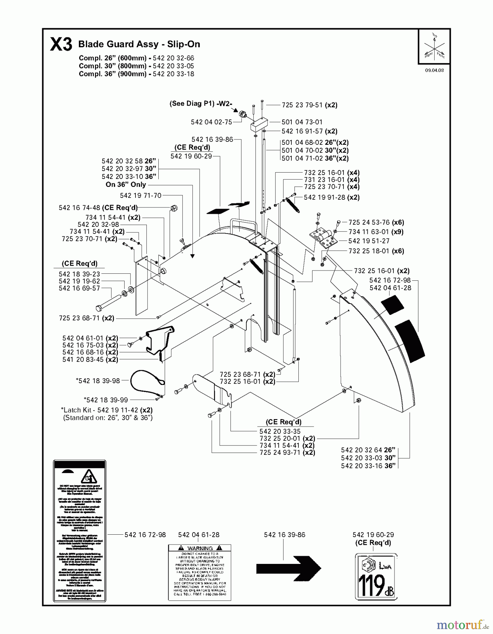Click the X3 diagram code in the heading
click(x=61, y=45)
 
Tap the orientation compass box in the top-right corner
click(x=434, y=47)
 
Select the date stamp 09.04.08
click(x=434, y=70)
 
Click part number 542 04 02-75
click(x=211, y=122)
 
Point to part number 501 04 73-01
click(x=302, y=122)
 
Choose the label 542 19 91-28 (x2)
click(x=331, y=198)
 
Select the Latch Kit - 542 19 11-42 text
click(x=107, y=410)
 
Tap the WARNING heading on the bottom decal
click(x=200, y=548)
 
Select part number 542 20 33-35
click(x=280, y=431)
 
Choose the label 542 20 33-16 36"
click(x=368, y=466)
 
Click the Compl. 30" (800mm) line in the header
click(x=136, y=66)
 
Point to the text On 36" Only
click(x=126, y=185)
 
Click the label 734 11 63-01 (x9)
click(x=376, y=232)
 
